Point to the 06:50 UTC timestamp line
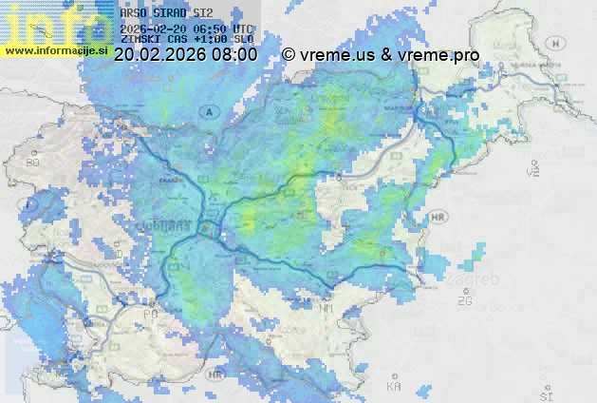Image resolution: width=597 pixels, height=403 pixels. pyautogui.click(x=187, y=29)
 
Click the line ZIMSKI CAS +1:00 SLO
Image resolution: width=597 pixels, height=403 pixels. pyautogui.click(x=187, y=40)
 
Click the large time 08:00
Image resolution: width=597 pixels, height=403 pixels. pyautogui.click(x=233, y=55)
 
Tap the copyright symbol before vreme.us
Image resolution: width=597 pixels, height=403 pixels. pyautogui.click(x=289, y=55)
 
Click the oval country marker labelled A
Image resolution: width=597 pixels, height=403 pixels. pyautogui.click(x=208, y=111)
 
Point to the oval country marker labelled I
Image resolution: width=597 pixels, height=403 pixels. pyautogui.click(x=30, y=203)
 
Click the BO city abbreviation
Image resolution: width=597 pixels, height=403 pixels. pyautogui.click(x=34, y=163)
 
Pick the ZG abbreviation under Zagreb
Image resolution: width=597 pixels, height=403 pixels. pyautogui.click(x=464, y=301)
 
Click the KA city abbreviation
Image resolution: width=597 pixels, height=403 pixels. pyautogui.click(x=394, y=386)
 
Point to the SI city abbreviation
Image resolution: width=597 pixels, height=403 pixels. pyautogui.click(x=545, y=393)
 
